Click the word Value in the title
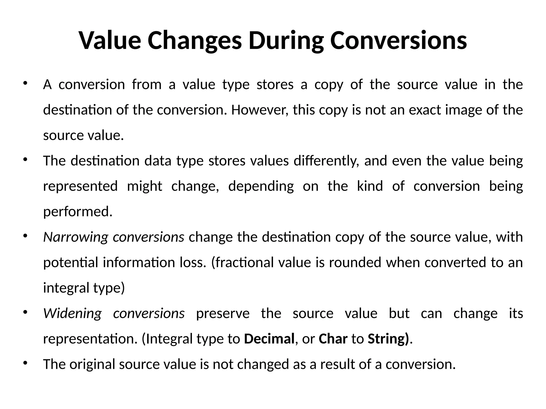click(110, 40)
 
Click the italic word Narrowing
click(75, 237)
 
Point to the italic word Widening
click(73, 313)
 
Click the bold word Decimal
click(269, 339)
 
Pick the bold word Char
click(333, 339)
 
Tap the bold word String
click(387, 339)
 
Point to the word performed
click(78, 212)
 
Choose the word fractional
click(244, 263)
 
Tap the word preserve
click(223, 313)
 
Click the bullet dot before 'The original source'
click(25, 363)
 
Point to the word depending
click(261, 186)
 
